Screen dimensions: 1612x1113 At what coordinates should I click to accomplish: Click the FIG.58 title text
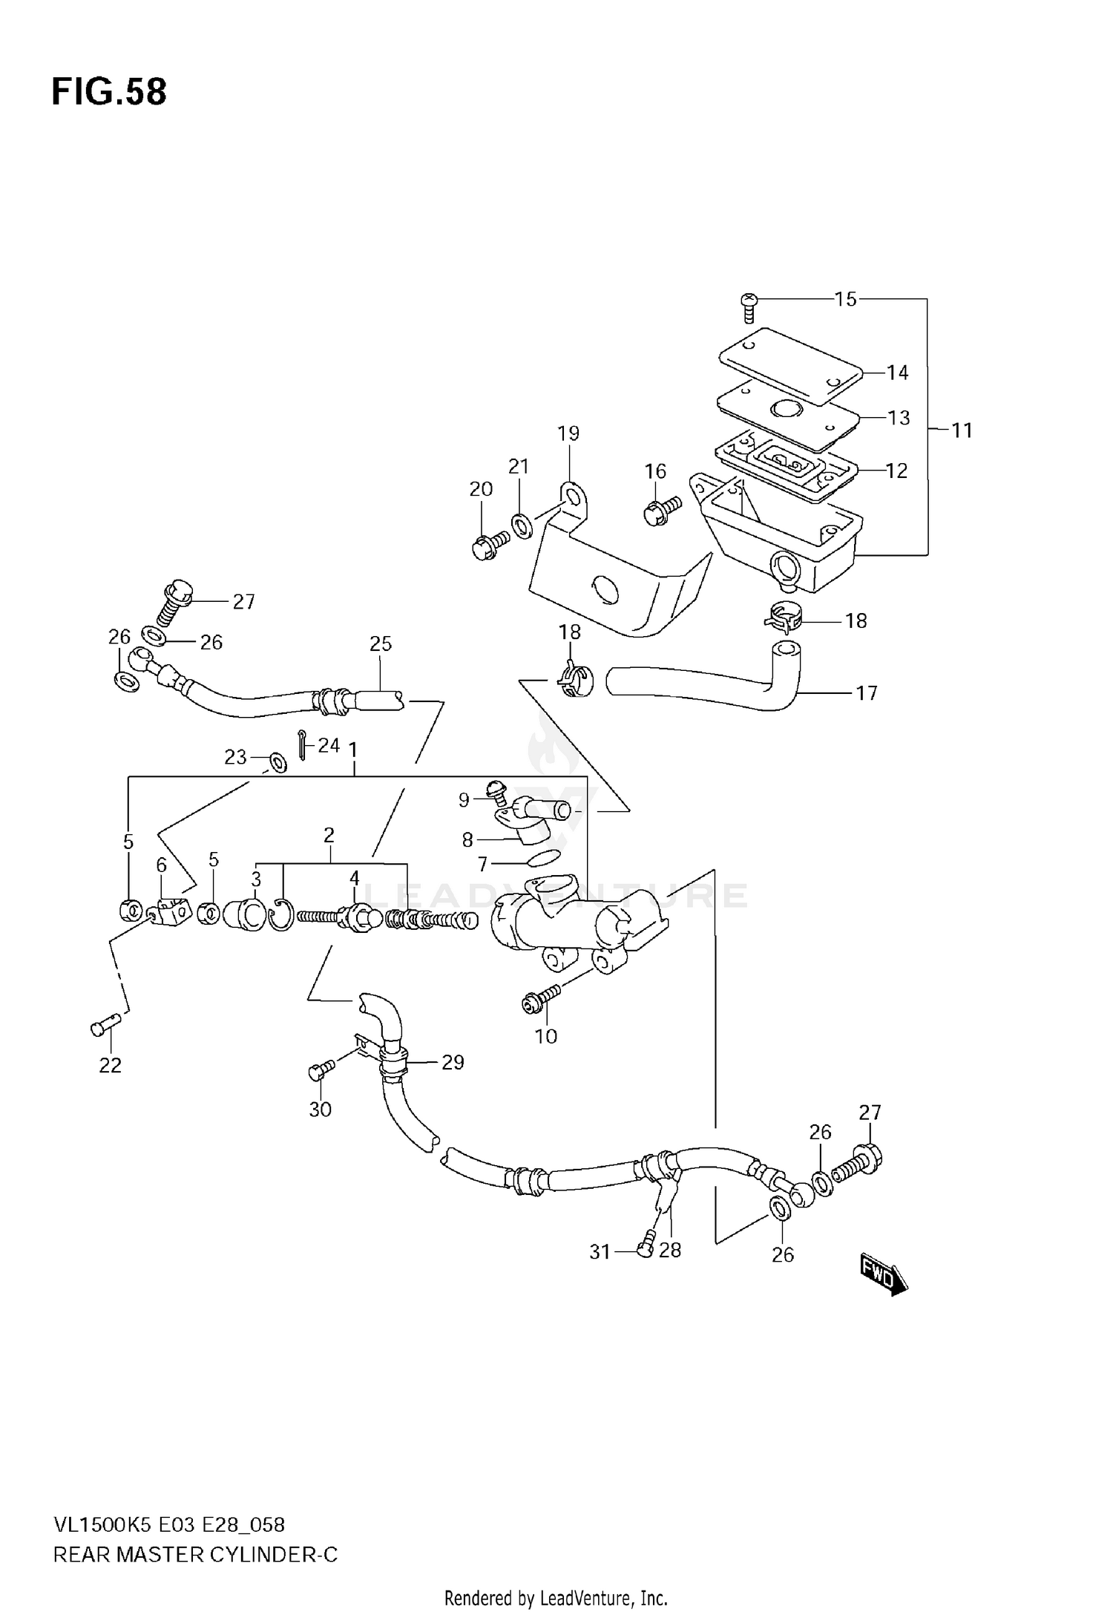coord(109,92)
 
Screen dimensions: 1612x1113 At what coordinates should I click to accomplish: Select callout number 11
coord(962,430)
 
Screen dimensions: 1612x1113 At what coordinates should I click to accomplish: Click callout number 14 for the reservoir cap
coord(897,373)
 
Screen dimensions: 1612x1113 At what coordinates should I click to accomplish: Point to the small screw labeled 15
coord(748,307)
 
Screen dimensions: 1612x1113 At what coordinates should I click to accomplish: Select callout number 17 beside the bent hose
coord(866,693)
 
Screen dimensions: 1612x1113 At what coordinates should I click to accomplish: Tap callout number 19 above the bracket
coord(568,433)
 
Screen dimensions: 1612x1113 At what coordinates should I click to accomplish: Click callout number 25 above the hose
coord(380,643)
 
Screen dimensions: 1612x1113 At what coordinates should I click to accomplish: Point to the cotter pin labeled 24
coord(303,744)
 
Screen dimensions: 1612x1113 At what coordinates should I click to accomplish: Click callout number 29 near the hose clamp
coord(453,1062)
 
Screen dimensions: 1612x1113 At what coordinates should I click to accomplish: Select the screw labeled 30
coord(321,1071)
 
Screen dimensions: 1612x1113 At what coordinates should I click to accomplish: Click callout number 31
coord(599,1252)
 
